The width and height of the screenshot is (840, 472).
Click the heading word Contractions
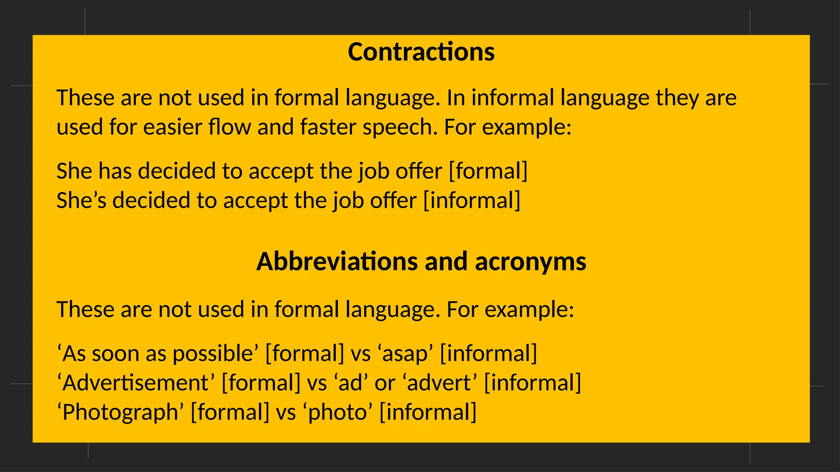pyautogui.click(x=421, y=52)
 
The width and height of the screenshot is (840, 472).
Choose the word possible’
pyautogui.click(x=216, y=354)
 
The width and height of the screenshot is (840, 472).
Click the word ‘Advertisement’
pyautogui.click(x=136, y=383)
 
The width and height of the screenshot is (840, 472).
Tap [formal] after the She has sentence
pyautogui.click(x=488, y=171)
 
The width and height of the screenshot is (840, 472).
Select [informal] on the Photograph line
pyautogui.click(x=428, y=412)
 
